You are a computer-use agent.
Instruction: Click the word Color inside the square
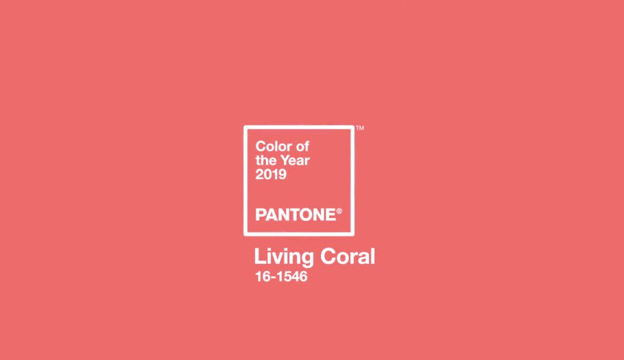tap(271, 146)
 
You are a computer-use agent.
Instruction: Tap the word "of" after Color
tap(302, 146)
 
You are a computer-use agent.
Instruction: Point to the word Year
tap(294, 160)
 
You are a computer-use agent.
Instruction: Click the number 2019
tap(271, 175)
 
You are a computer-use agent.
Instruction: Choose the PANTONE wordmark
tap(296, 215)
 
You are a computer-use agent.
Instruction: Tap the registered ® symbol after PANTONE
tap(339, 212)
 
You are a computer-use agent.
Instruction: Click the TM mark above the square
tap(360, 128)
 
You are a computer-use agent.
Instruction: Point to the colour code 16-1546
tap(280, 278)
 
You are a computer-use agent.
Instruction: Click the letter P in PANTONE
tap(260, 215)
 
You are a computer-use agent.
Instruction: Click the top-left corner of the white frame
tap(245, 127)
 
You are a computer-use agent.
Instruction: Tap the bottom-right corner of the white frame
tap(353, 234)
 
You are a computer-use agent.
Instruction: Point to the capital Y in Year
tap(283, 160)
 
